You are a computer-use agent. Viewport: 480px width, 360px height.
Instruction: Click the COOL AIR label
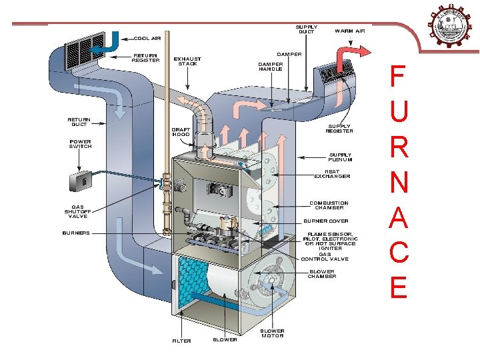149,39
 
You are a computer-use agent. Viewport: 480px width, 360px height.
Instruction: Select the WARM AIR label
349,31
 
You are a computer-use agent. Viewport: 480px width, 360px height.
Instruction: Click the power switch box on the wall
79,181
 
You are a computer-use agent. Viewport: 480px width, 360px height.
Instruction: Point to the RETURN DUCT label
79,122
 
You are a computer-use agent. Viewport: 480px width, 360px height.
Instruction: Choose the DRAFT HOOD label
181,131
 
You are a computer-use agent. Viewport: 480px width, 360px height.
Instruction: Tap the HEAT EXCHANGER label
332,174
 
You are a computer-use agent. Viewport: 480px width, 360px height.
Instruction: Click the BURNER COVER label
326,221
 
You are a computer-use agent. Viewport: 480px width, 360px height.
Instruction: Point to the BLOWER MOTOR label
272,333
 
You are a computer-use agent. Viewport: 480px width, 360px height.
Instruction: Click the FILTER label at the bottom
181,341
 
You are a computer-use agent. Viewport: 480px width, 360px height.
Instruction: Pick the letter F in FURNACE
397,77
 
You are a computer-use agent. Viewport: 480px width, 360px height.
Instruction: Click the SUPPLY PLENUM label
340,157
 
